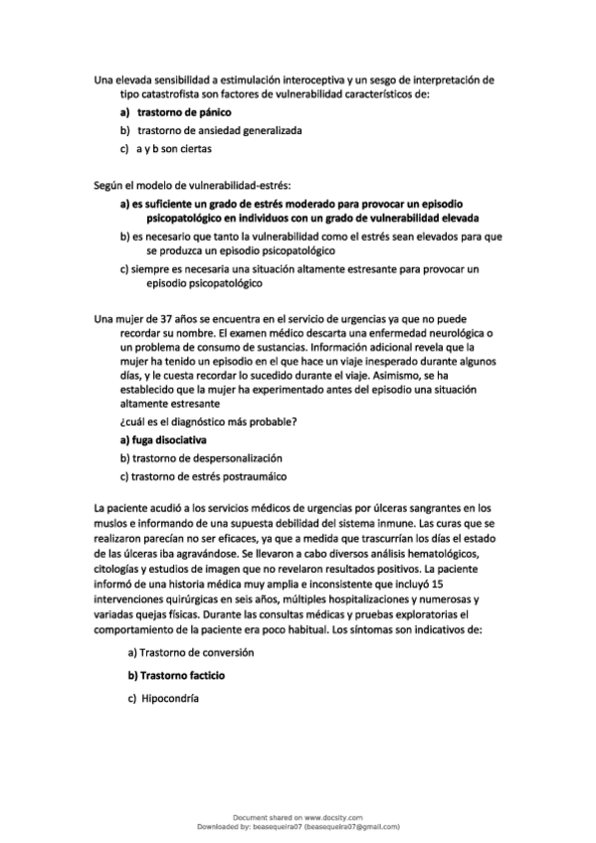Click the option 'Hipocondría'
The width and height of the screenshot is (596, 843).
point(171,699)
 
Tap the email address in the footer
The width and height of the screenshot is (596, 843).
point(350,825)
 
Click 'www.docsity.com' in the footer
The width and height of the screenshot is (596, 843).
point(326,816)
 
